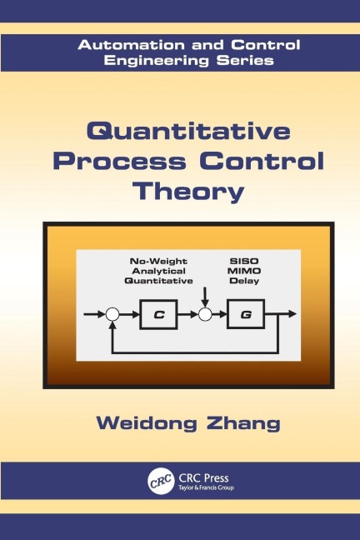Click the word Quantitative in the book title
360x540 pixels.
point(179,133)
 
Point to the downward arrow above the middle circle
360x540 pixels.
point(203,296)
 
